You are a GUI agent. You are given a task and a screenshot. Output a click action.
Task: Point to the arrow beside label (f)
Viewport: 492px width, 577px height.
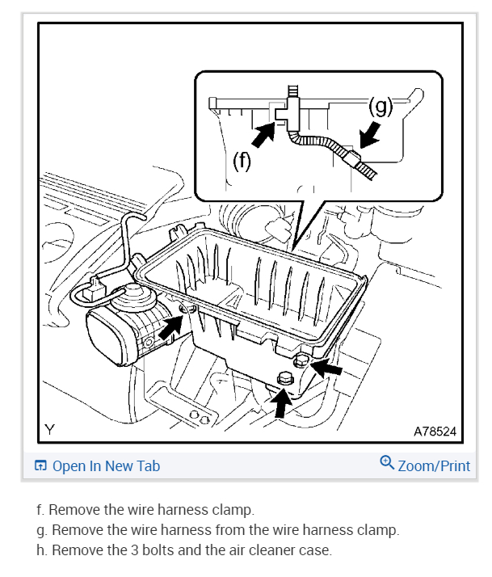(263, 134)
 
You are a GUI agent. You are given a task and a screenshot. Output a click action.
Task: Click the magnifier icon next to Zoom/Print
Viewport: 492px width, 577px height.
(387, 463)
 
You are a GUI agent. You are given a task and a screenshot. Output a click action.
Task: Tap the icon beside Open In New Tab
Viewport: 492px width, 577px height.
(40, 466)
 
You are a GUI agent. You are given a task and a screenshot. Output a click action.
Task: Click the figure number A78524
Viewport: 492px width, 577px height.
(435, 432)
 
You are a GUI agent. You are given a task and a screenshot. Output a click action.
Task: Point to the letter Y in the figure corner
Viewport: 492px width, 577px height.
(50, 430)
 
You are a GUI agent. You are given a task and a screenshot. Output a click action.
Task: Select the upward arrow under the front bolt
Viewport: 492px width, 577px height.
(280, 402)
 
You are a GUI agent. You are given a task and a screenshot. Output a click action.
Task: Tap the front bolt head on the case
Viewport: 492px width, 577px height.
(284, 377)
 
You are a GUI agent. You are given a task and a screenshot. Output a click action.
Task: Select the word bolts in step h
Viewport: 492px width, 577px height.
(149, 551)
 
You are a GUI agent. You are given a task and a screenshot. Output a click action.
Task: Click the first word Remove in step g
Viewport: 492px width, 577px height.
(74, 531)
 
